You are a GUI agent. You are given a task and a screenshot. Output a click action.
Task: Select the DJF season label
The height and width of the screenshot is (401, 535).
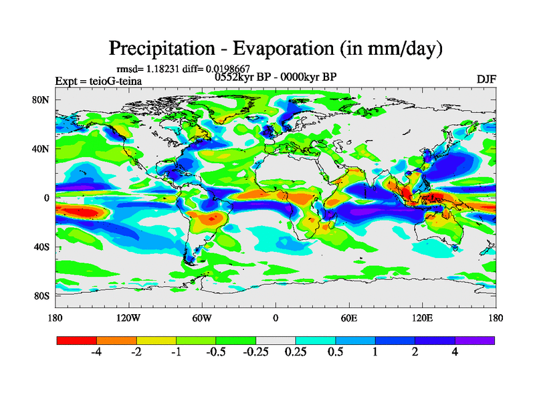click(486, 80)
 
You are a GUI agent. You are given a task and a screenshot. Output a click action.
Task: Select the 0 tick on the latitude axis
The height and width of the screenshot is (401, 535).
click(47, 198)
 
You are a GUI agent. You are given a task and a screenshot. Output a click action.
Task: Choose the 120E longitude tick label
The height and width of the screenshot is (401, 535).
click(422, 318)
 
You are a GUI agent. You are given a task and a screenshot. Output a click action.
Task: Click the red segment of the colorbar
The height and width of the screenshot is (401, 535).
click(77, 340)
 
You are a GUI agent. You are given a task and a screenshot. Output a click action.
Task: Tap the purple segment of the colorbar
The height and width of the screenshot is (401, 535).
click(475, 340)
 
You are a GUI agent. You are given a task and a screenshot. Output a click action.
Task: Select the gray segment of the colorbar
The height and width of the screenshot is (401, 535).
click(276, 340)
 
